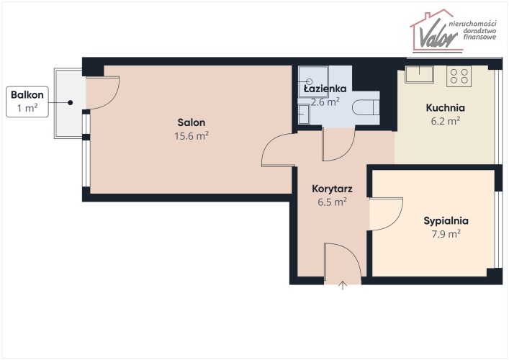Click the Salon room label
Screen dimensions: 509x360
[x=192, y=122]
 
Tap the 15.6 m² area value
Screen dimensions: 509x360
[x=192, y=135]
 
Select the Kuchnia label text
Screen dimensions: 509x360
[x=446, y=107]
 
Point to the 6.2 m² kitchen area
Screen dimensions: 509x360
[x=446, y=121]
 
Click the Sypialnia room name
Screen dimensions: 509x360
[x=446, y=221]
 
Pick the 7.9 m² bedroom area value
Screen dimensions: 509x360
[x=446, y=234]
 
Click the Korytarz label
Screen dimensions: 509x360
[x=332, y=189]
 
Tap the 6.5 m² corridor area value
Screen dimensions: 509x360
[x=332, y=202]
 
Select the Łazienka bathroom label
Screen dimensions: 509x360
[x=325, y=89]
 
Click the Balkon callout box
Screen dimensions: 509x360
[x=27, y=102]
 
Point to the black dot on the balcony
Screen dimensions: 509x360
[x=70, y=102]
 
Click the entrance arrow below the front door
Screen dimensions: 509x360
[x=343, y=285]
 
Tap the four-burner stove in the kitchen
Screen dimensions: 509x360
[x=459, y=76]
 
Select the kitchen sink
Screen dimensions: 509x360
[x=420, y=74]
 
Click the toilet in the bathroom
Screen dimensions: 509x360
[x=366, y=107]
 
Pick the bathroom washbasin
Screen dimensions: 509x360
[x=304, y=114]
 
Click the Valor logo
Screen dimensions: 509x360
[x=453, y=31]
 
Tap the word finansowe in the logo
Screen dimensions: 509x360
[x=479, y=37]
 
